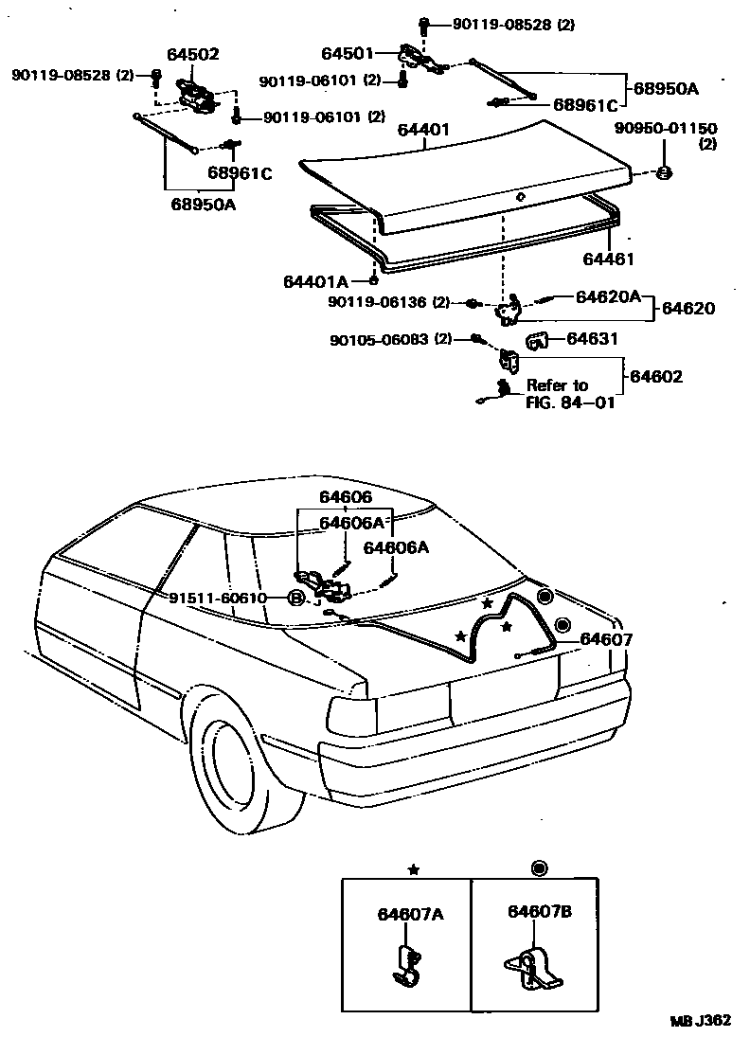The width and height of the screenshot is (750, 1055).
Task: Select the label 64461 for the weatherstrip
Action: [608, 259]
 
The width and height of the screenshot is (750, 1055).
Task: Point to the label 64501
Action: [348, 54]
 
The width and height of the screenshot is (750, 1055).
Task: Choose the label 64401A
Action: [315, 281]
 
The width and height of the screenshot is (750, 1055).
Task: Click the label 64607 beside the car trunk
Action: [606, 640]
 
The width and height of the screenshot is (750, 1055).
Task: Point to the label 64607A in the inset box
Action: [410, 914]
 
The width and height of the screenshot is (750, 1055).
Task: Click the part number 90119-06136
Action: [388, 302]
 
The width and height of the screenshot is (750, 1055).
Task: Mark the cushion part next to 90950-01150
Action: [664, 173]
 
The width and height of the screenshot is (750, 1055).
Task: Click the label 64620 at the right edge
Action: [688, 309]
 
